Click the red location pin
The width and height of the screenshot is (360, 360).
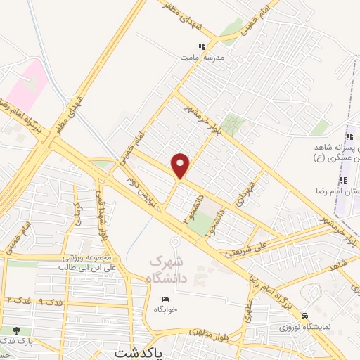point(181,165)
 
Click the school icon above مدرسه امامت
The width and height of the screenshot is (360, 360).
point(202,46)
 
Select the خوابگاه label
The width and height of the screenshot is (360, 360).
point(166,309)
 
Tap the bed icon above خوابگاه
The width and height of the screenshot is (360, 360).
point(166,298)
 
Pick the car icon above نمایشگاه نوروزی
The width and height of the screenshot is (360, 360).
point(304,316)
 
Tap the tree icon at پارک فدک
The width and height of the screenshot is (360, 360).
point(15,330)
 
